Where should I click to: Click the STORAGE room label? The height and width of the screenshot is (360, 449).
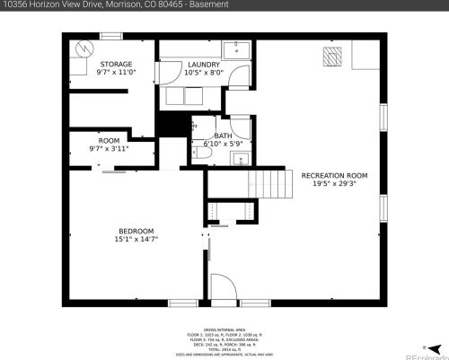coord(115,64)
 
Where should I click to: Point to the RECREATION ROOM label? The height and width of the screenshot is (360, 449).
coord(334,175)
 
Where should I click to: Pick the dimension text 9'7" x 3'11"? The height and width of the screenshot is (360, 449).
coord(109,149)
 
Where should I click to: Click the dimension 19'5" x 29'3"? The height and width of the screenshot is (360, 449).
coord(334,184)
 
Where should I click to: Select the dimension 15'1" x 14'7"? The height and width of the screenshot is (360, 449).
coord(136,240)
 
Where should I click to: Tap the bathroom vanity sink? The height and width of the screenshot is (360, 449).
coord(239,159)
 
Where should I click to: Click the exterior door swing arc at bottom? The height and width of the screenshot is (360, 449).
coord(224,289)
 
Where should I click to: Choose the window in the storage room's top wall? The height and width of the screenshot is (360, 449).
coord(110,36)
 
